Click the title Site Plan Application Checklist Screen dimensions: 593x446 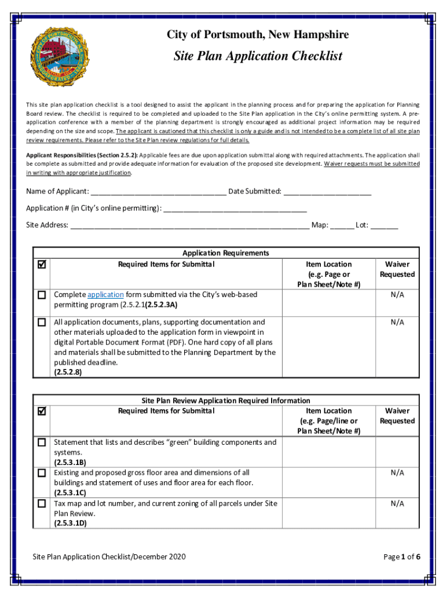click(x=258, y=56)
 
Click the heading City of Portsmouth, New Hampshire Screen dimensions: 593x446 click(x=258, y=35)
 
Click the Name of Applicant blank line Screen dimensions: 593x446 click(x=158, y=192)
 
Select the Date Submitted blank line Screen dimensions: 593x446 click(x=327, y=192)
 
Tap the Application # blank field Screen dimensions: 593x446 click(x=235, y=209)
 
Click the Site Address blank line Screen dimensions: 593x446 click(x=189, y=226)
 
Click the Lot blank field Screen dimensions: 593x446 click(x=385, y=226)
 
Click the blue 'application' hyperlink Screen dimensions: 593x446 click(x=105, y=295)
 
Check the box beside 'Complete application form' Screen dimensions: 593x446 click(x=42, y=295)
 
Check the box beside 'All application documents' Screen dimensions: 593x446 click(x=42, y=322)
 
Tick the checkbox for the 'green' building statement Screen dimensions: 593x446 click(x=42, y=442)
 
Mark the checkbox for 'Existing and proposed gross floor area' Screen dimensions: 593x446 click(x=42, y=473)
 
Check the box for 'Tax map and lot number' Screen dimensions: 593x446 click(x=42, y=504)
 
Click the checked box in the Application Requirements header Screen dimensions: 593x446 click(x=42, y=265)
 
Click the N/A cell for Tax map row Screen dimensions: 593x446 click(x=397, y=504)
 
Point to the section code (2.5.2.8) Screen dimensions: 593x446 click(x=68, y=373)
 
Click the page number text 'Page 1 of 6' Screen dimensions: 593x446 click(x=401, y=557)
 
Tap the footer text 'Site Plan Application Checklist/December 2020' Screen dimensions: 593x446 click(x=109, y=557)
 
